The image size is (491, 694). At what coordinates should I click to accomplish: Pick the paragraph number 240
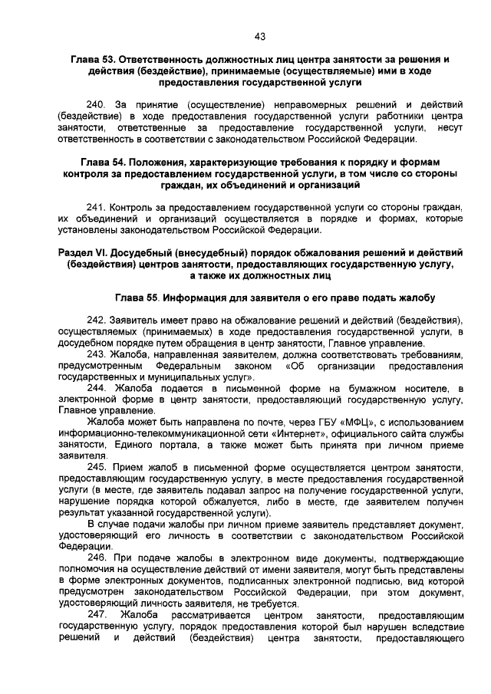tap(96, 104)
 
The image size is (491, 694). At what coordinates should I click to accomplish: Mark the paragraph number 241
tap(96, 208)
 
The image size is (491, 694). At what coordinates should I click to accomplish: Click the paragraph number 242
tap(96, 319)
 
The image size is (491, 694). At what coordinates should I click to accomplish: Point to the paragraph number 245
tap(97, 468)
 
